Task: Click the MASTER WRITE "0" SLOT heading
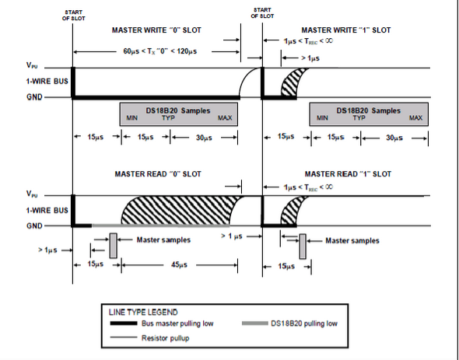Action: point(156,30)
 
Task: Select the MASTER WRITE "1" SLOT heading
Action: point(346,30)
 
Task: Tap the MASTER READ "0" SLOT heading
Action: point(158,174)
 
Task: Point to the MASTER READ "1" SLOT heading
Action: point(348,174)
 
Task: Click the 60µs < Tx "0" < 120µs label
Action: point(159,51)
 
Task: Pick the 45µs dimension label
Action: point(179,265)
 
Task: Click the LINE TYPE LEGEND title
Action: point(143,313)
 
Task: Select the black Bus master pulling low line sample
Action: point(124,323)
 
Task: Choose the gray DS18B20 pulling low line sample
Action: point(255,323)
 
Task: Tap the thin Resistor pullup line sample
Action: point(124,337)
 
